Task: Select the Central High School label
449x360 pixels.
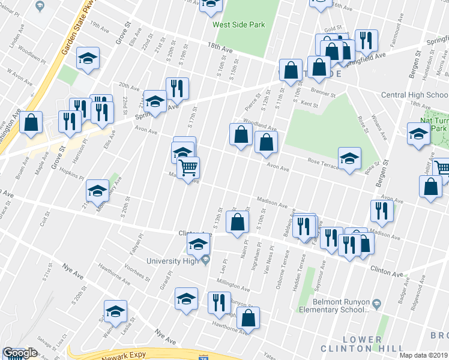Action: point(414,95)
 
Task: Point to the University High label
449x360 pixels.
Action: point(173,260)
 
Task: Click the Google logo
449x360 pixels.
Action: point(20,353)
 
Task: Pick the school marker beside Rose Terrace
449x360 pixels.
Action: point(349,159)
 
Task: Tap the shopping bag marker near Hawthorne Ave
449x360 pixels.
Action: point(248,318)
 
